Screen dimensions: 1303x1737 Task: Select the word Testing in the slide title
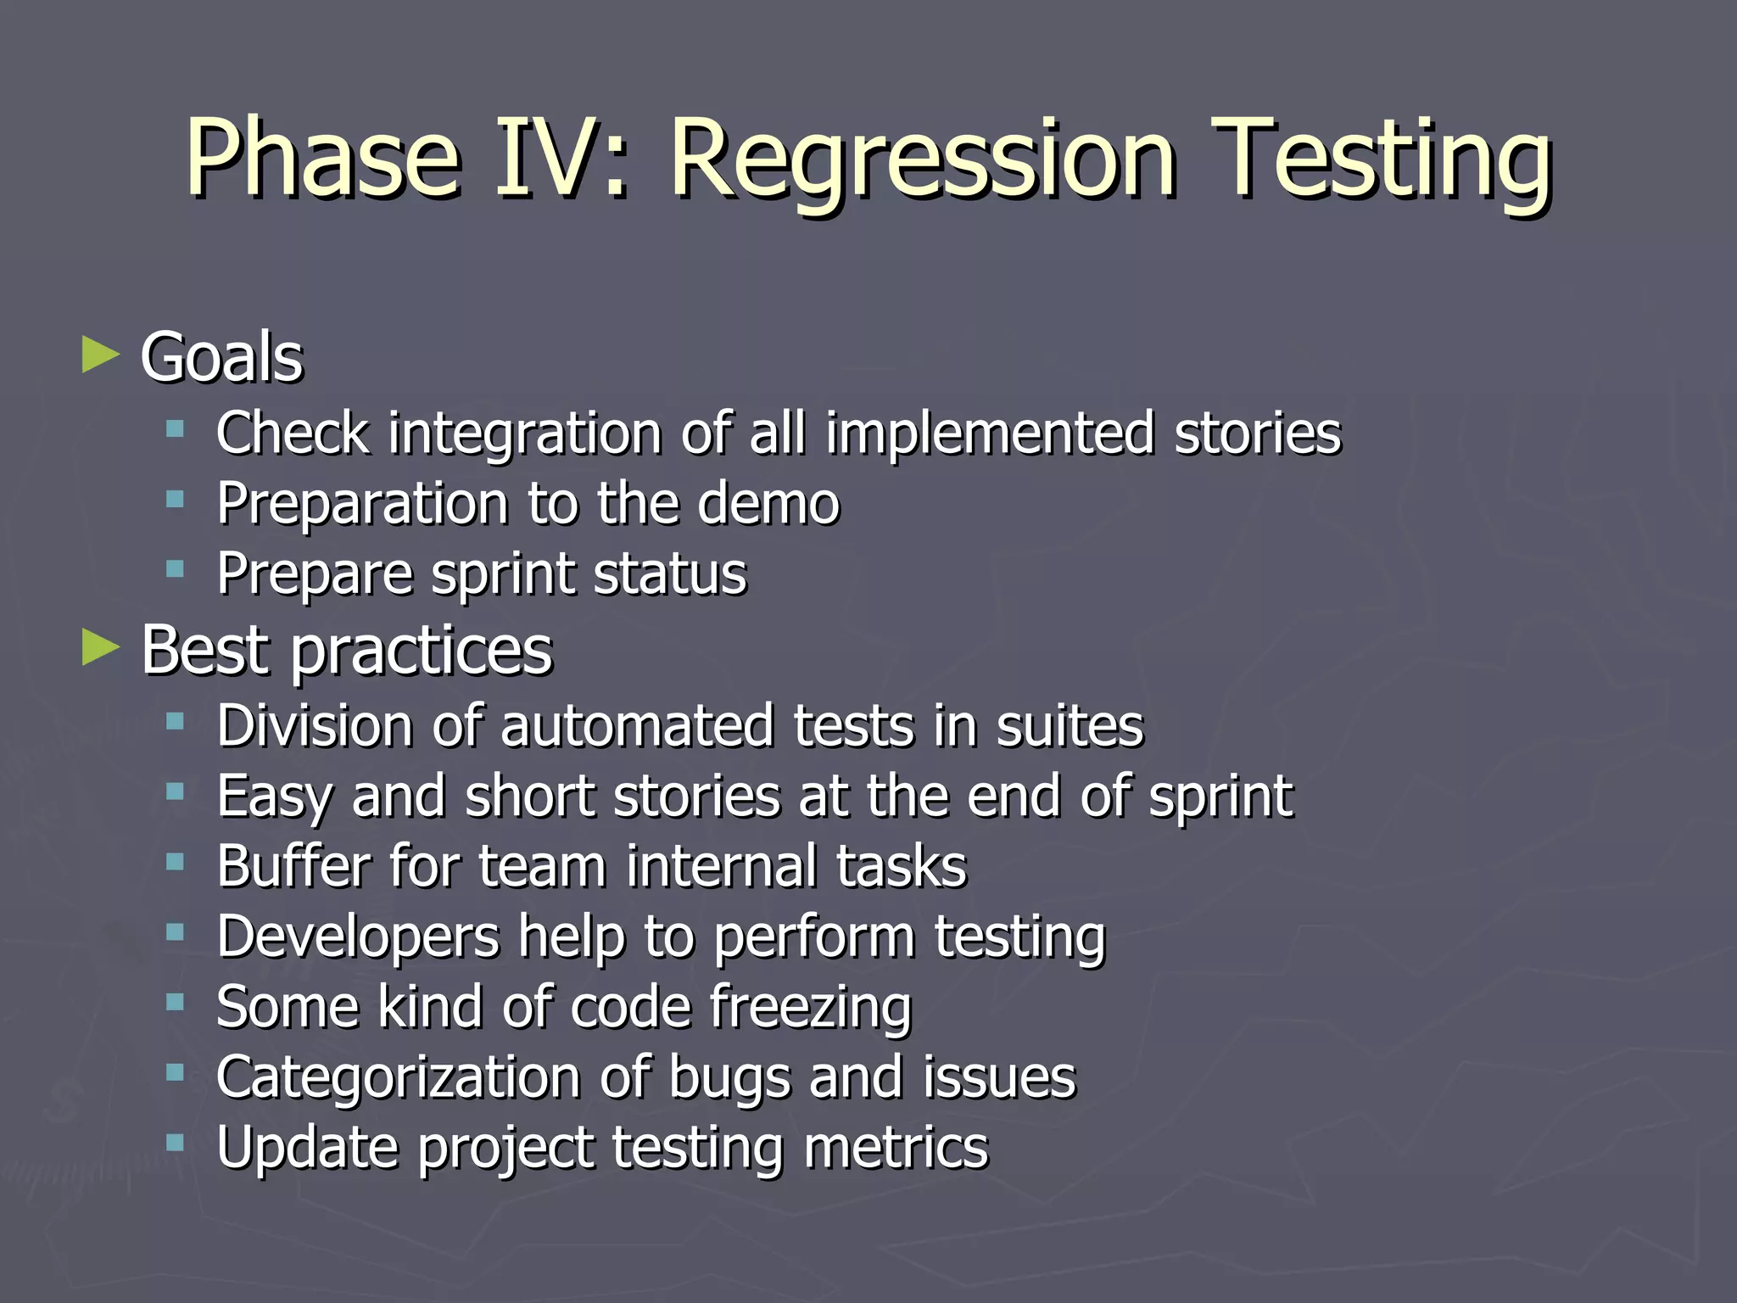click(1382, 161)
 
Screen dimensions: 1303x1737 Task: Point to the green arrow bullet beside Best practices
click(101, 648)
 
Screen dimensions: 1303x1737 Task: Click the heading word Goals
click(221, 357)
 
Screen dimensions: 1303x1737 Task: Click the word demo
click(768, 504)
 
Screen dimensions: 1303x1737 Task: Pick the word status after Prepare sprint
click(670, 574)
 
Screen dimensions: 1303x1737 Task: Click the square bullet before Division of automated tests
click(176, 722)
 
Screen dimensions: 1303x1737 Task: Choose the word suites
click(1070, 726)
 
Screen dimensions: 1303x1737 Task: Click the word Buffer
click(293, 866)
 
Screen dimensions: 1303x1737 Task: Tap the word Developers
click(358, 938)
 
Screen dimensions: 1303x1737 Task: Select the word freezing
click(810, 1009)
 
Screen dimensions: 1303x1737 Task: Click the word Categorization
click(398, 1078)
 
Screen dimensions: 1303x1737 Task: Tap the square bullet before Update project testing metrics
click(176, 1143)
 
